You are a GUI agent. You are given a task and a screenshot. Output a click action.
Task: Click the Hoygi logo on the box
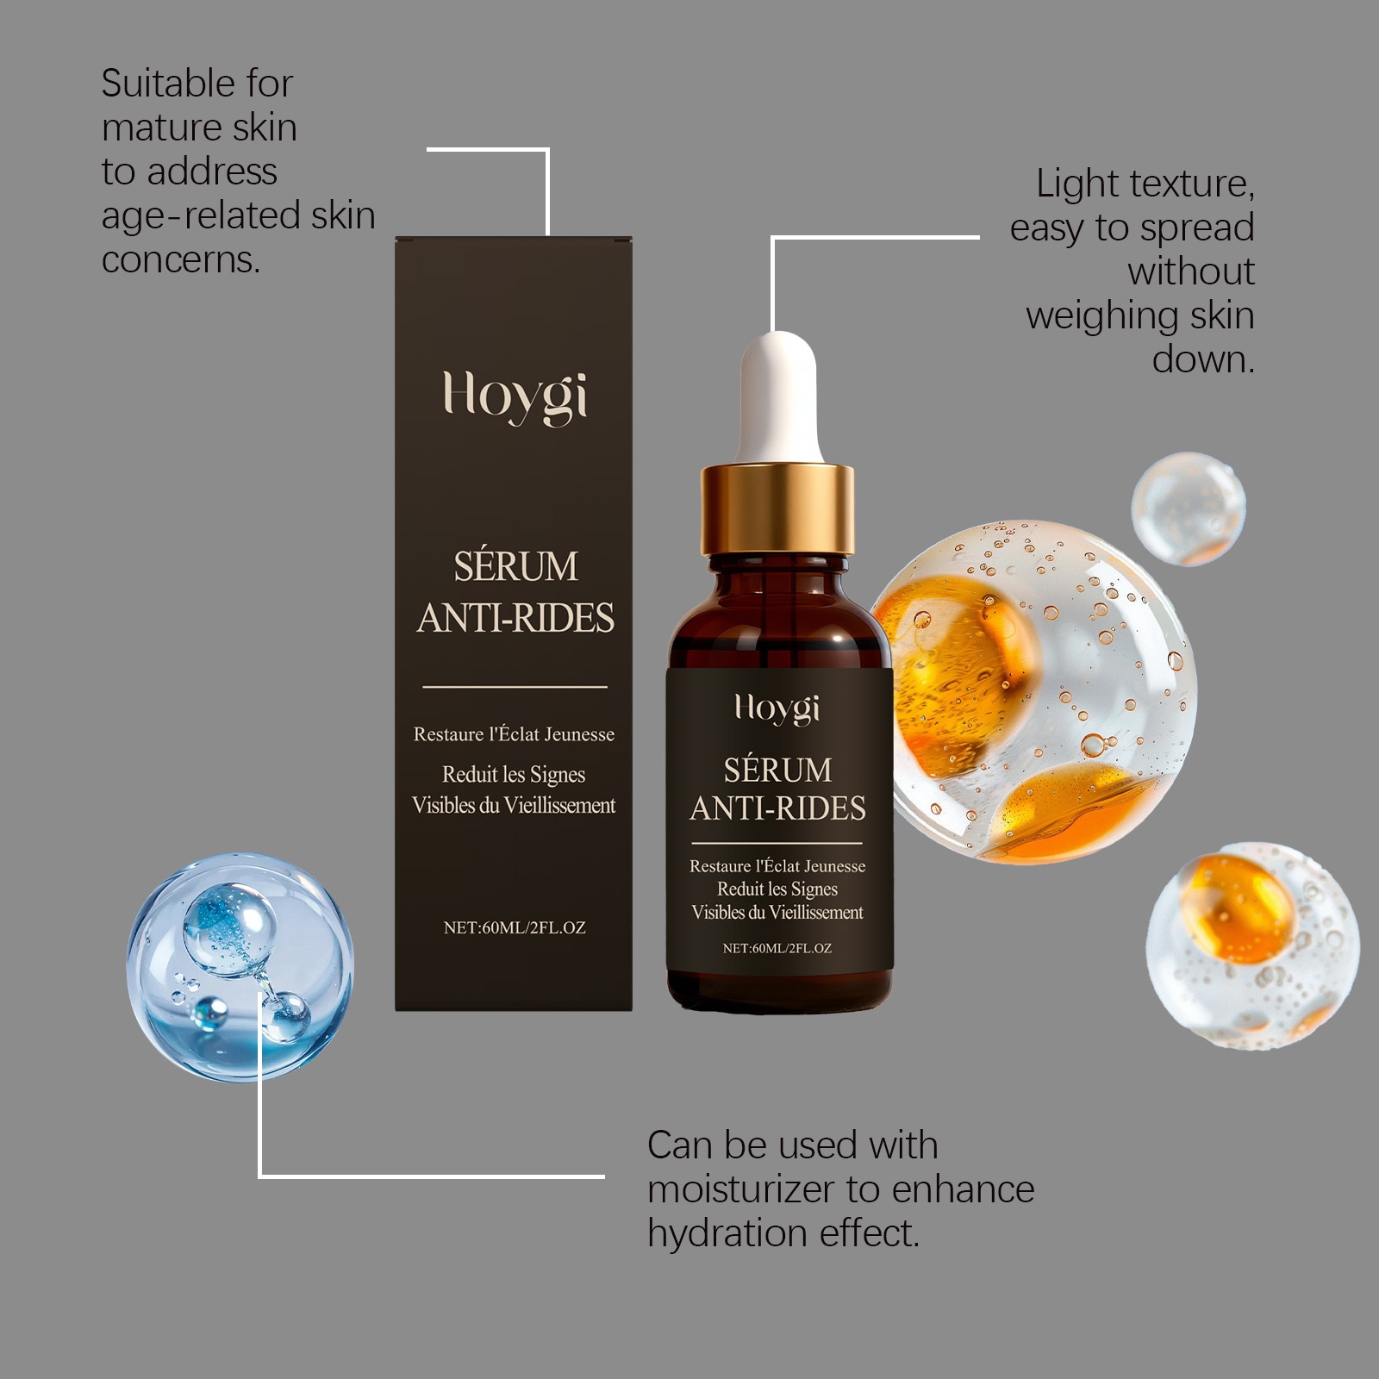(x=515, y=396)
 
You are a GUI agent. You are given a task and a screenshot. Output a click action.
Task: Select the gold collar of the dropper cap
(x=777, y=509)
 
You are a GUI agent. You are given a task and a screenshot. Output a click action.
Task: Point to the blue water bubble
(x=240, y=966)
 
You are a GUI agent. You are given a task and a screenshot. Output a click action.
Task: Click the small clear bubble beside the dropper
(x=1189, y=509)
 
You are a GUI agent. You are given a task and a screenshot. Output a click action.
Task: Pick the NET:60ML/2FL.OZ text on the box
(x=515, y=927)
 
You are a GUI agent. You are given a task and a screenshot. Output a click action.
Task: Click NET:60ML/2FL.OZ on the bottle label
(x=777, y=948)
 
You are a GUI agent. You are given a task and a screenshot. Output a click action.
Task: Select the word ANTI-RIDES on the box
(x=515, y=618)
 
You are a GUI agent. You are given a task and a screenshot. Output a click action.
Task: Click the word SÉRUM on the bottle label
(x=777, y=769)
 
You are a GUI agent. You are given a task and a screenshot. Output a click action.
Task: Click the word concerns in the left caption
(x=181, y=259)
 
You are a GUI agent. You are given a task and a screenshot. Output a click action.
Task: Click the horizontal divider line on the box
(x=515, y=687)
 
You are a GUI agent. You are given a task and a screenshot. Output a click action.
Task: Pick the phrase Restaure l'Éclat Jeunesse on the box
(x=515, y=734)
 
